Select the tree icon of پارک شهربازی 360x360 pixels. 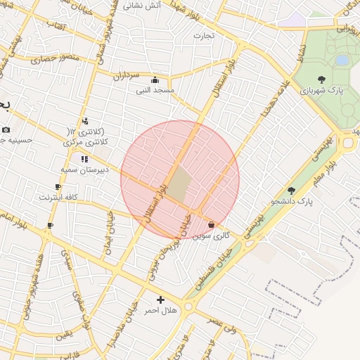point(321,79)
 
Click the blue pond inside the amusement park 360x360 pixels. point(342,60)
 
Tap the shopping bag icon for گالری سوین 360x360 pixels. point(212,224)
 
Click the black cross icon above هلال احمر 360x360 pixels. point(161,300)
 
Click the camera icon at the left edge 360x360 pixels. point(6,129)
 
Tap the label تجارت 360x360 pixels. point(204,34)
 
